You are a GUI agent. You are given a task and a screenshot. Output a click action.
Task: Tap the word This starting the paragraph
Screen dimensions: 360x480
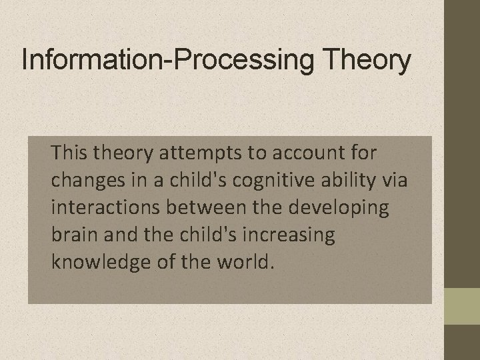(71, 153)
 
